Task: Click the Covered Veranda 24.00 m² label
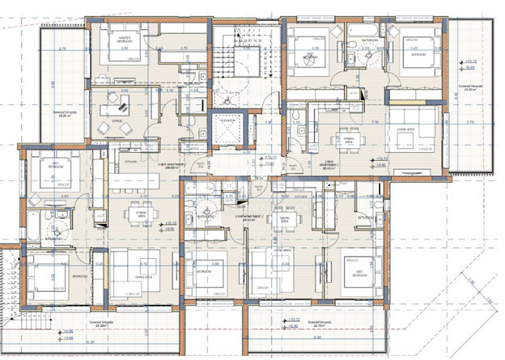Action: coord(469,90)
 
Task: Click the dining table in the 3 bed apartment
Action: coord(133,214)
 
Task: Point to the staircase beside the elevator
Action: coord(244,66)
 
